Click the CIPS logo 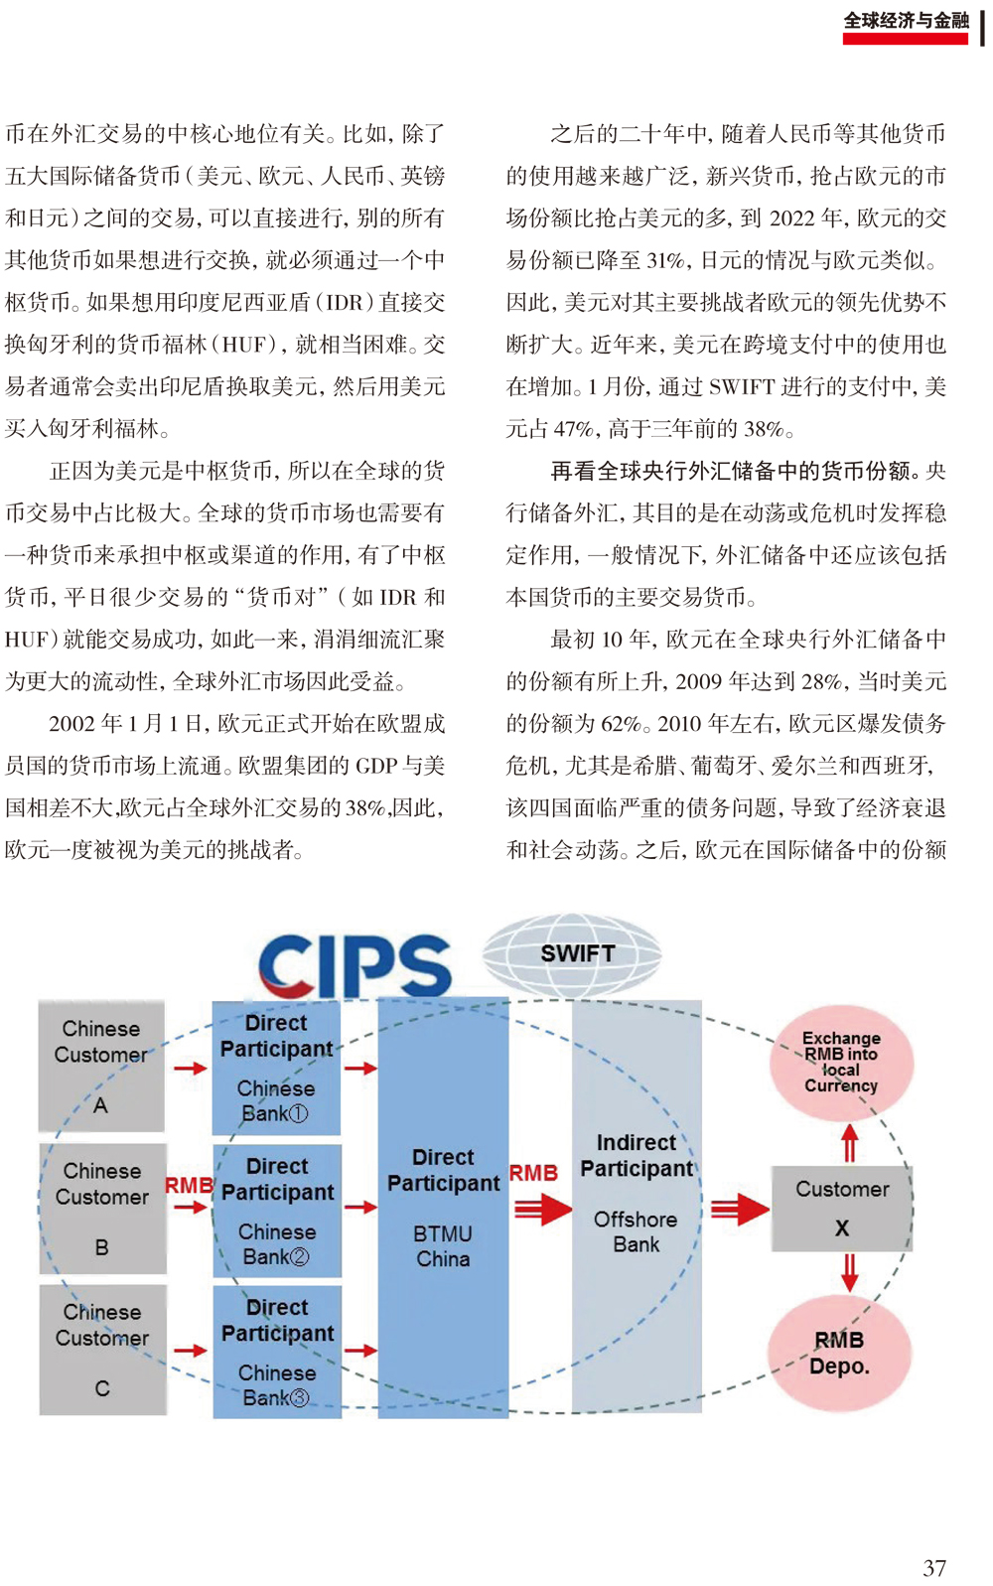[355, 965]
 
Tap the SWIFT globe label [578, 953]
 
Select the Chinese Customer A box [101, 1066]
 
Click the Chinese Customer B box [102, 1209]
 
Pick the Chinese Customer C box [102, 1350]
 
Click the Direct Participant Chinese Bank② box [277, 1211]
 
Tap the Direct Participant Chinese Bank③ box [277, 1352]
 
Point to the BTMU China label [443, 1246]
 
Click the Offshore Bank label [636, 1231]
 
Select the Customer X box [841, 1208]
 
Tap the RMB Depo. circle [839, 1353]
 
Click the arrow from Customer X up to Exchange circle [849, 1143]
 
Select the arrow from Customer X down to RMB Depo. [849, 1272]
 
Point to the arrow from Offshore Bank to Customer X [740, 1210]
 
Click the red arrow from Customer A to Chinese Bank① [190, 1068]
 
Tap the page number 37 [934, 1567]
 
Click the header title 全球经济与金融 [906, 21]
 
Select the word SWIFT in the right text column [742, 386]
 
